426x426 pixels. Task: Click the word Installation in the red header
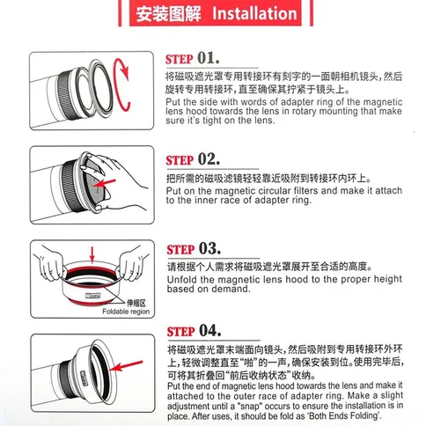[x=254, y=13]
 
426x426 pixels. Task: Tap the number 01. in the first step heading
[x=209, y=58]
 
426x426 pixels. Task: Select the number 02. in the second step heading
[x=209, y=159]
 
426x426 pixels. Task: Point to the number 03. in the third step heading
[x=209, y=248]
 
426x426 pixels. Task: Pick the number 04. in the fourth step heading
[x=210, y=330]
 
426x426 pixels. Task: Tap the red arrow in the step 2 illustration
[x=105, y=183]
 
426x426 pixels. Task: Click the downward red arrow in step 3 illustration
[x=92, y=254]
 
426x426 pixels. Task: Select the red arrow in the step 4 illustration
[x=128, y=365]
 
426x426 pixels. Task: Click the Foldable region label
[x=126, y=312]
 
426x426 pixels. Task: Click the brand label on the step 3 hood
[x=92, y=296]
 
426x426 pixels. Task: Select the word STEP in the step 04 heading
[x=180, y=332]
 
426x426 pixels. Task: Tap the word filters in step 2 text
[x=305, y=191]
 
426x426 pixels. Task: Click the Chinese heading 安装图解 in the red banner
[x=168, y=14]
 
